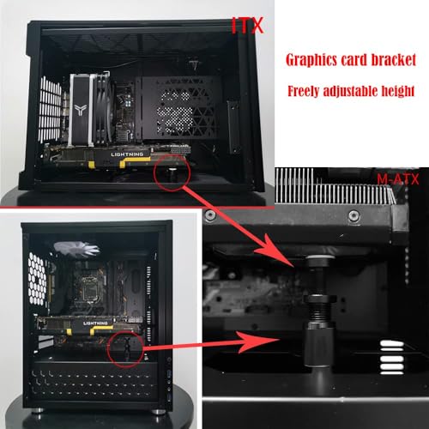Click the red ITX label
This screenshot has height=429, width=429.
[x=247, y=28]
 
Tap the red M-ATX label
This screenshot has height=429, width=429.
[x=394, y=178]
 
